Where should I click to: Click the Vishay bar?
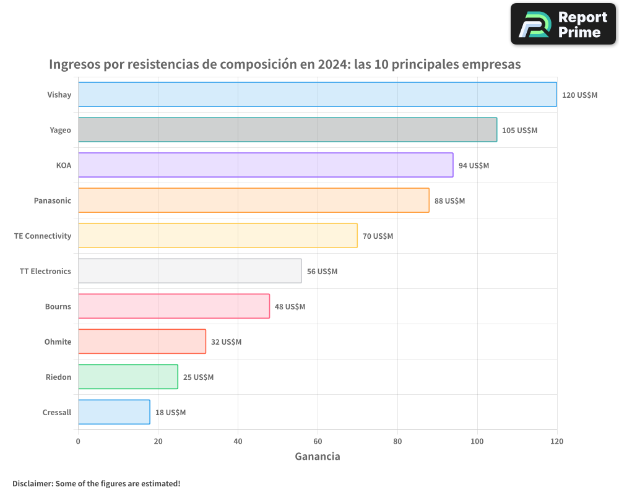tap(317, 95)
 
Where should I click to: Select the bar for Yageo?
tap(287, 130)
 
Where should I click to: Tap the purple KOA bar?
tap(266, 165)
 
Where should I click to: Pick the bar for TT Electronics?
tap(189, 271)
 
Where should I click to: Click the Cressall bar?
tap(114, 412)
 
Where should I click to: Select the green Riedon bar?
tap(128, 377)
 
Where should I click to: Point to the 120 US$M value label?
tap(579, 95)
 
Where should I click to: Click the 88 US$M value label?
tap(449, 201)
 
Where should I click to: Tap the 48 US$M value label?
tap(290, 307)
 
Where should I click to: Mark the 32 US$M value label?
tap(226, 342)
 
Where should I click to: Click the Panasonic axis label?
tap(52, 200)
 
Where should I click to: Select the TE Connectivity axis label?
tap(43, 236)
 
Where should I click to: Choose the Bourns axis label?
tap(58, 306)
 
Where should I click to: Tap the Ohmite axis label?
tap(58, 342)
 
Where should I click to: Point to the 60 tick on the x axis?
tap(318, 441)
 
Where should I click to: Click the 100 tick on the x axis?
tap(477, 441)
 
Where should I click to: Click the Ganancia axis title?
tap(317, 457)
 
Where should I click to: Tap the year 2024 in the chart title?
tap(334, 64)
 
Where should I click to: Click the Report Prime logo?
tap(563, 24)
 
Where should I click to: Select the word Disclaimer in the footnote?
tap(32, 483)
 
